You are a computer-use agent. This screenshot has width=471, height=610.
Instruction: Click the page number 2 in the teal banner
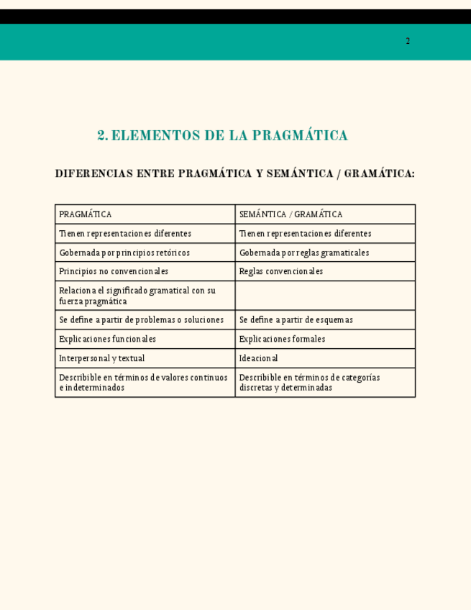pos(408,41)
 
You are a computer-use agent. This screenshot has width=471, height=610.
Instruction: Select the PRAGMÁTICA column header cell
pos(145,214)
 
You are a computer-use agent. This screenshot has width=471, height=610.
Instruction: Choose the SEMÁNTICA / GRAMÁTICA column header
pos(324,214)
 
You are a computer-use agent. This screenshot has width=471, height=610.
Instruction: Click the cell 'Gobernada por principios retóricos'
pos(145,252)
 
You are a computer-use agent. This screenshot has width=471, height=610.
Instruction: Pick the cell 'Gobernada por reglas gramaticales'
pos(324,252)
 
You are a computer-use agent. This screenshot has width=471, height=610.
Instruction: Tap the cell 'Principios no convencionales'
pos(145,271)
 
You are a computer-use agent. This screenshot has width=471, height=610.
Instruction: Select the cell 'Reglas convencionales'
pos(324,271)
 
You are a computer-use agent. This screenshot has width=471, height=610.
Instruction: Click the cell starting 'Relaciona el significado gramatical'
pos(145,296)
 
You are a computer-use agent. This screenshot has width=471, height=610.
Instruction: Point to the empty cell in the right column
pos(324,296)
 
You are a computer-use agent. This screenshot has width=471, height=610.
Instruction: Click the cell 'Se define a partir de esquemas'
pos(324,319)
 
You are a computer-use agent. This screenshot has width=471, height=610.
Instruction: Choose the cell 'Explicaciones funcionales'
pos(145,339)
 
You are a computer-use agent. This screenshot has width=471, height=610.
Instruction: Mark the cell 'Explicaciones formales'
pos(324,339)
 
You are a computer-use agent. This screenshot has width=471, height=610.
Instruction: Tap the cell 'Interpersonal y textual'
pos(145,358)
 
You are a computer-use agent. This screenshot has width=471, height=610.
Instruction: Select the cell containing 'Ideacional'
pos(324,358)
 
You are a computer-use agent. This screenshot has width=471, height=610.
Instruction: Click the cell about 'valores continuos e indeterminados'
pos(145,382)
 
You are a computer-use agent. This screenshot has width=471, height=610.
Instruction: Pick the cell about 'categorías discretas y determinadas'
pos(324,382)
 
